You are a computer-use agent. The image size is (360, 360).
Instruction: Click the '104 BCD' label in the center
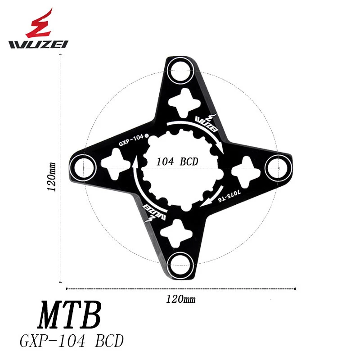(x=177, y=162)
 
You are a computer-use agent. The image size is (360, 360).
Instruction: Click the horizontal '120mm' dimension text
(x=180, y=298)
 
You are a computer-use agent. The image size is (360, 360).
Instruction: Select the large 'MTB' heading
(x=68, y=317)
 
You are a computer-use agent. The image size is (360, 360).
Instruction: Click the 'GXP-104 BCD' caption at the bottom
(x=72, y=341)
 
